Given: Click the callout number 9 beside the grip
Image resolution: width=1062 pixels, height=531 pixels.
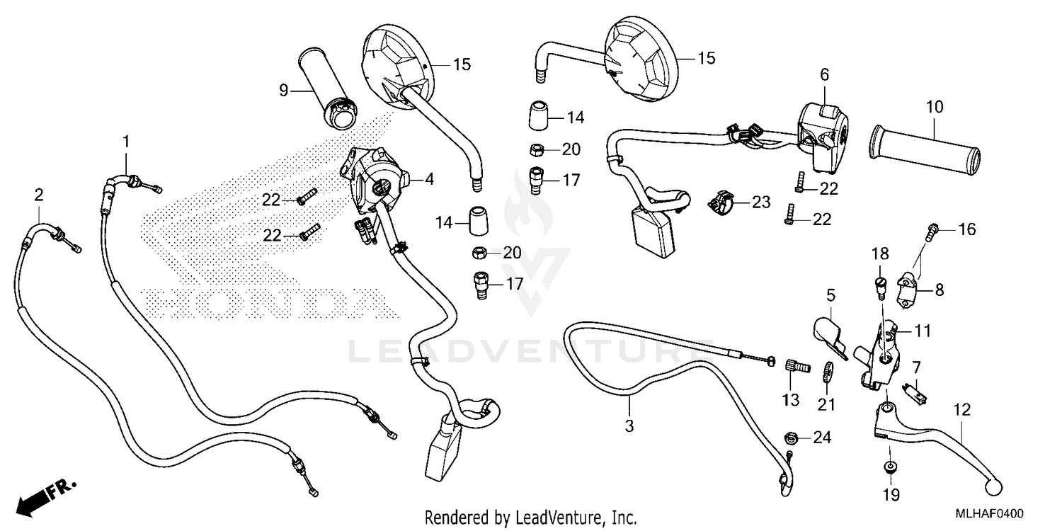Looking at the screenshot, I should (283, 90).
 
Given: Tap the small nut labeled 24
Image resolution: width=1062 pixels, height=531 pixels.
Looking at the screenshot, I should (792, 438).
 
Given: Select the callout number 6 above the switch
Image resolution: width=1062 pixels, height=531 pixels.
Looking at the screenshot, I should (824, 74).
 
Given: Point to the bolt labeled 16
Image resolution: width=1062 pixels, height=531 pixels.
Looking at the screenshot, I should (932, 229).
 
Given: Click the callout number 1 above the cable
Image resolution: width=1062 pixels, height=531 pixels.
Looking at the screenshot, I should (126, 142).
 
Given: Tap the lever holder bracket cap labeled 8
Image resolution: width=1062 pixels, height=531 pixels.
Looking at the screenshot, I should (913, 289).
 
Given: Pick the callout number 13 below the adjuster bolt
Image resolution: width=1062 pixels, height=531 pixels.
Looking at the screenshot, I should (790, 400).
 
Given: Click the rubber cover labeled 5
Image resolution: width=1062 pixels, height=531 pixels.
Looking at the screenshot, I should (826, 333).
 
